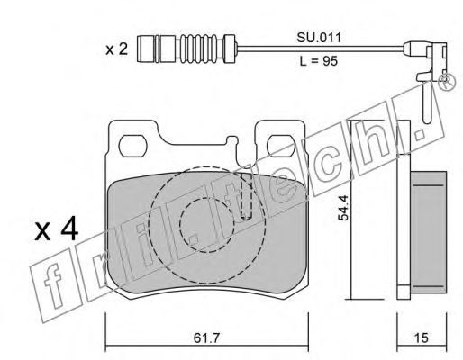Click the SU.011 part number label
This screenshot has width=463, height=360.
pyautogui.click(x=319, y=39)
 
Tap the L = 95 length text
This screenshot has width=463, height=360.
pyautogui.click(x=319, y=61)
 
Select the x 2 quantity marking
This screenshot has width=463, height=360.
pyautogui.click(x=117, y=49)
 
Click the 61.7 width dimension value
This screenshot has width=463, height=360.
pyautogui.click(x=206, y=338)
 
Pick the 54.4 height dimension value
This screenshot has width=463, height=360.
pyautogui.click(x=343, y=208)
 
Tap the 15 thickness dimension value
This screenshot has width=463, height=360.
pyautogui.click(x=422, y=337)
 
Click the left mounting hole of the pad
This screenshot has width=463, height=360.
pyautogui.click(x=133, y=146)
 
